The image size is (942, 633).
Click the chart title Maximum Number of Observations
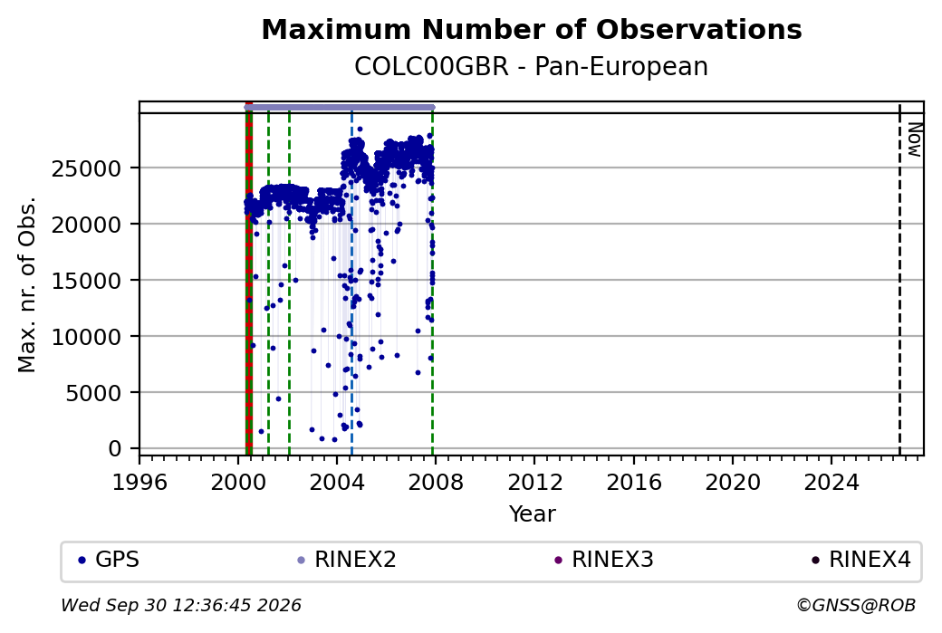click(532, 29)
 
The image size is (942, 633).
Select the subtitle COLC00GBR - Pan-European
click(532, 67)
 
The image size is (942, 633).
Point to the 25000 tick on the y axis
click(85, 168)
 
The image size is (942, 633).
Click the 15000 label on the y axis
click(85, 281)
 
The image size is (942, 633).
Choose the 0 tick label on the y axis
click(114, 449)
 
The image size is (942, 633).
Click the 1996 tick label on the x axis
click(140, 483)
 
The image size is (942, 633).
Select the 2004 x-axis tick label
click(337, 483)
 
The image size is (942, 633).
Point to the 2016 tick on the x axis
click(634, 483)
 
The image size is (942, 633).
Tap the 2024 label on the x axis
click(831, 483)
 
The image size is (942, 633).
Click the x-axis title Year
click(533, 514)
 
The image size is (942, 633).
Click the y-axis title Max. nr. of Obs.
click(27, 284)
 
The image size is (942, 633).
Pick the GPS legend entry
click(109, 560)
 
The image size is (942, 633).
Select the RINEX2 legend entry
click(347, 560)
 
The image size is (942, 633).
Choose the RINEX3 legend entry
click(604, 560)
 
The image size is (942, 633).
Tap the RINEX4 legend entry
click(861, 560)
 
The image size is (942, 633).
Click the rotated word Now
click(914, 139)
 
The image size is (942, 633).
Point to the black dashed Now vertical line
click(899, 280)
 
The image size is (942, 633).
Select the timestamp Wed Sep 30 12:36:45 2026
click(181, 605)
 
